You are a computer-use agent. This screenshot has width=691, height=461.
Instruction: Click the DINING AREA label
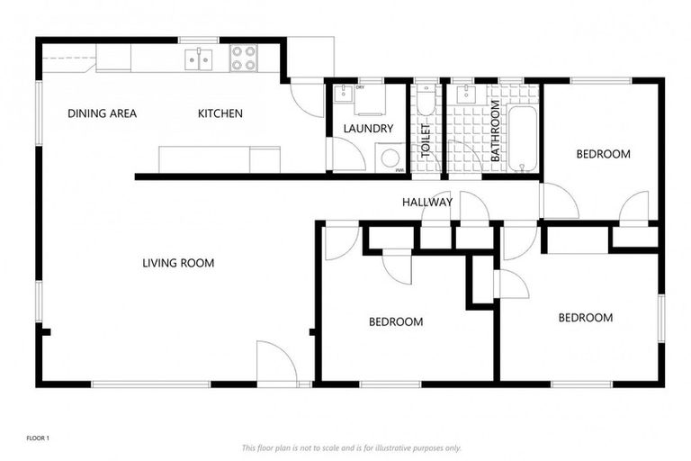click(x=103, y=113)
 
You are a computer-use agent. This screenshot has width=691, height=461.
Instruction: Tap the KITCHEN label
click(x=220, y=113)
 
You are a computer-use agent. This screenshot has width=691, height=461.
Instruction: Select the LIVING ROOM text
click(x=178, y=264)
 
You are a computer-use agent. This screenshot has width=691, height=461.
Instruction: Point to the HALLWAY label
click(x=426, y=203)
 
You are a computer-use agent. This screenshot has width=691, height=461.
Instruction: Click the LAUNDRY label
click(x=368, y=129)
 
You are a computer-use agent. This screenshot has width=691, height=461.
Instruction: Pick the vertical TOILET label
click(x=426, y=140)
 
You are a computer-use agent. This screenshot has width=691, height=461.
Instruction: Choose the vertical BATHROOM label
click(x=495, y=131)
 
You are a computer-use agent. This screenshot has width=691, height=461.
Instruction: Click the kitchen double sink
click(x=199, y=59)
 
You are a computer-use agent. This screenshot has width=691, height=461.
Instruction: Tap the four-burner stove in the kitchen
click(x=243, y=59)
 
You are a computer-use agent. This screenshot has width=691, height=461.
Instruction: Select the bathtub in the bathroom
click(x=522, y=139)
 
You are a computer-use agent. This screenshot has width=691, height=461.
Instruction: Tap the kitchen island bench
click(x=220, y=159)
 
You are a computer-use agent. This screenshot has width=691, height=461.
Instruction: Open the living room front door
click(x=275, y=364)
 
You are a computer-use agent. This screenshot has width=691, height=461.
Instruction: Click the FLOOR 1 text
click(x=37, y=438)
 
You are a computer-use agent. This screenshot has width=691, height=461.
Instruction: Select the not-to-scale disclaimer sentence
click(x=351, y=447)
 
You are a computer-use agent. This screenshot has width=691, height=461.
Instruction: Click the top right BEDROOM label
click(x=603, y=154)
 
